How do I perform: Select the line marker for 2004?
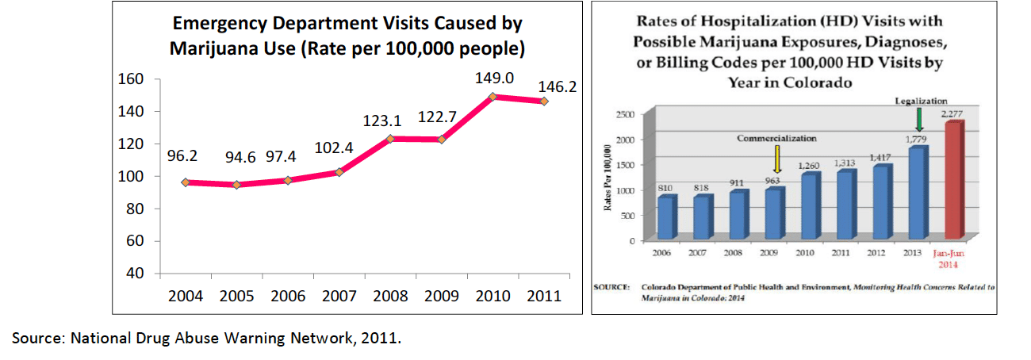point(185,182)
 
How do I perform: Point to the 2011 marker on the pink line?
point(544,101)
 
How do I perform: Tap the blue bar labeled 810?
point(667,217)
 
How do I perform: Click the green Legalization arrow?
point(919,119)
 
